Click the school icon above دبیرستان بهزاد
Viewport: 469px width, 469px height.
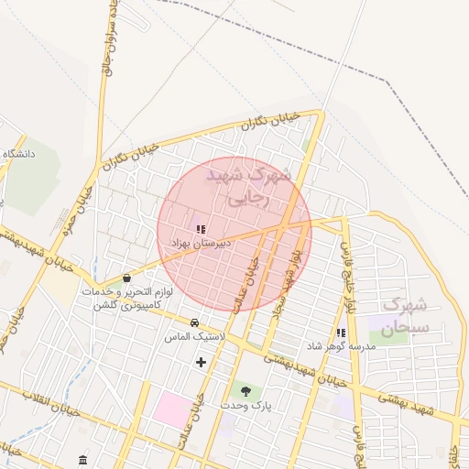point(201,229)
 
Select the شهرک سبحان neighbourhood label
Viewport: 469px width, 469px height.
point(405,316)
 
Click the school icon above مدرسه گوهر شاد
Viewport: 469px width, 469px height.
point(341,333)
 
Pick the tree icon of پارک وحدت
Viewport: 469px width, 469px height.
point(244,391)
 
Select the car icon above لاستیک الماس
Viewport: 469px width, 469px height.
point(194,322)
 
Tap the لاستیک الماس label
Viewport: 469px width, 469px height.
point(189,336)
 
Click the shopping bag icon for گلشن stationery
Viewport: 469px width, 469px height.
point(126,278)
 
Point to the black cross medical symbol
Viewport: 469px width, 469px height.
point(201,362)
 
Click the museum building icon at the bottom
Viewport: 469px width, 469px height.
point(83,459)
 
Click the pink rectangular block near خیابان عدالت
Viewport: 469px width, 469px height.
point(172,408)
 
